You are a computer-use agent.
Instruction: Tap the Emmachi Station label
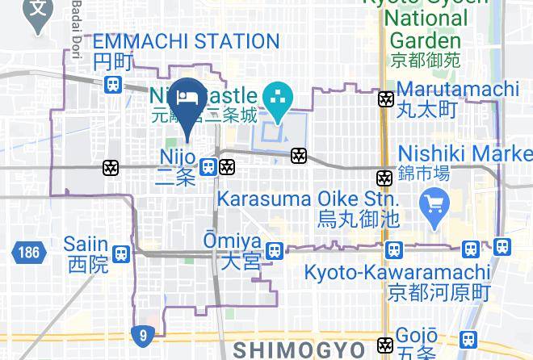pos(186,41)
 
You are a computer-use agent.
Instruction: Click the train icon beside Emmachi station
pos(114,83)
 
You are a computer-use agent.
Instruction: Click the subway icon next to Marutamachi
pos(386,99)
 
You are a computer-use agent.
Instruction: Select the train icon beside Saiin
pos(121,253)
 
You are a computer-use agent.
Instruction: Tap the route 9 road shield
pos(142,334)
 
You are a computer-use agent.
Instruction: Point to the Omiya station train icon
pos(275,251)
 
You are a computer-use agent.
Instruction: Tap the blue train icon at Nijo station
pos(208,167)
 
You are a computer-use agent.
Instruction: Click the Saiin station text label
pos(88,253)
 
